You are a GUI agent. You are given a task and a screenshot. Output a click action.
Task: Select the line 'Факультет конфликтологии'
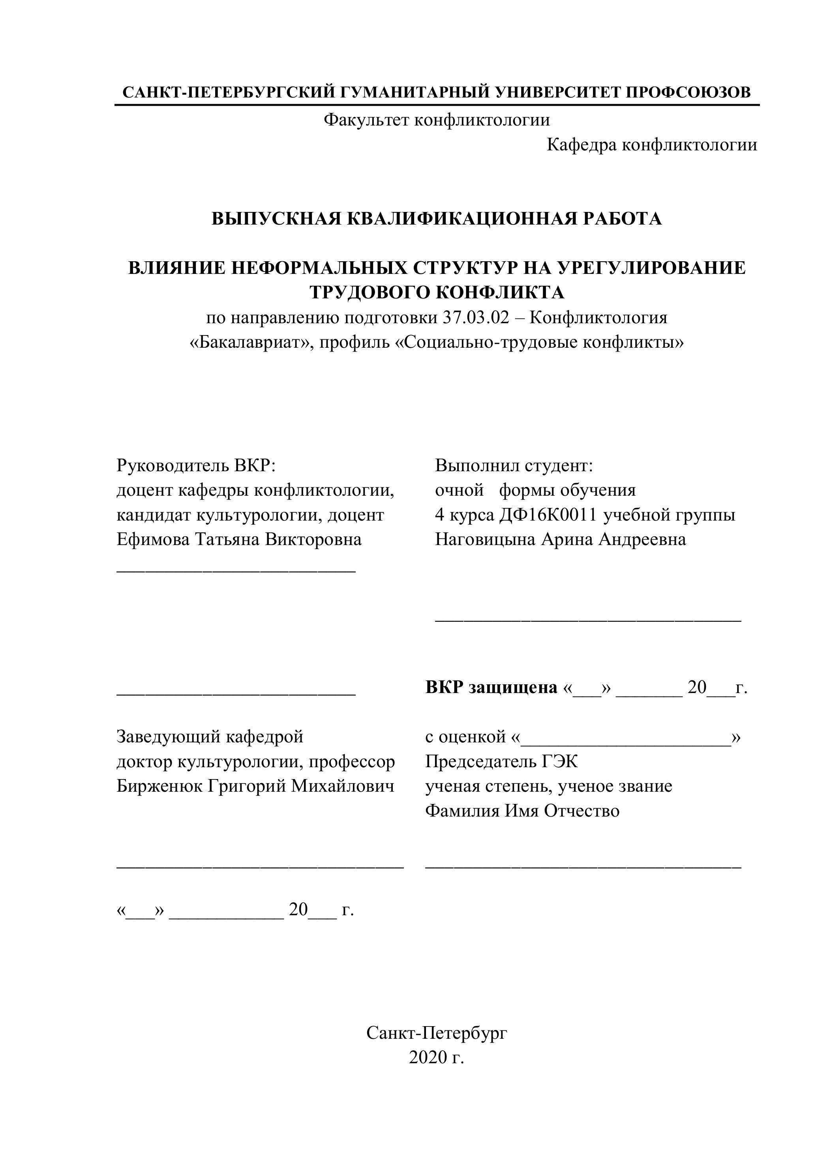(436, 120)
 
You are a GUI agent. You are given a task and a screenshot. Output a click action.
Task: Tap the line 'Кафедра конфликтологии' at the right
(652, 145)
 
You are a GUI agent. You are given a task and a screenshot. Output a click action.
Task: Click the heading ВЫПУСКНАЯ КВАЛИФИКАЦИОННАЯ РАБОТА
(436, 219)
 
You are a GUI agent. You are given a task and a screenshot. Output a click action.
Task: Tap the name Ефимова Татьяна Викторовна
(239, 539)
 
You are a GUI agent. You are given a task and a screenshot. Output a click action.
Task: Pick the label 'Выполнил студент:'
(514, 465)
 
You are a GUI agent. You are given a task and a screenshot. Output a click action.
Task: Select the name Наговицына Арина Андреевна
(560, 539)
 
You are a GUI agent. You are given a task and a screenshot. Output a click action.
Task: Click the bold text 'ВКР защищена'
(491, 687)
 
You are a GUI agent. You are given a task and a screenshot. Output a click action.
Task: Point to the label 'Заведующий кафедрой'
(210, 737)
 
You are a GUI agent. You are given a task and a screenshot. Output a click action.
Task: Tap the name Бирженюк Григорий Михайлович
(255, 786)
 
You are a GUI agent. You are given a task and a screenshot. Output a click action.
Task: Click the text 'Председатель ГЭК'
(501, 761)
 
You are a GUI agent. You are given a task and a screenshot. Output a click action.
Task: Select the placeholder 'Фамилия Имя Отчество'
(522, 811)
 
